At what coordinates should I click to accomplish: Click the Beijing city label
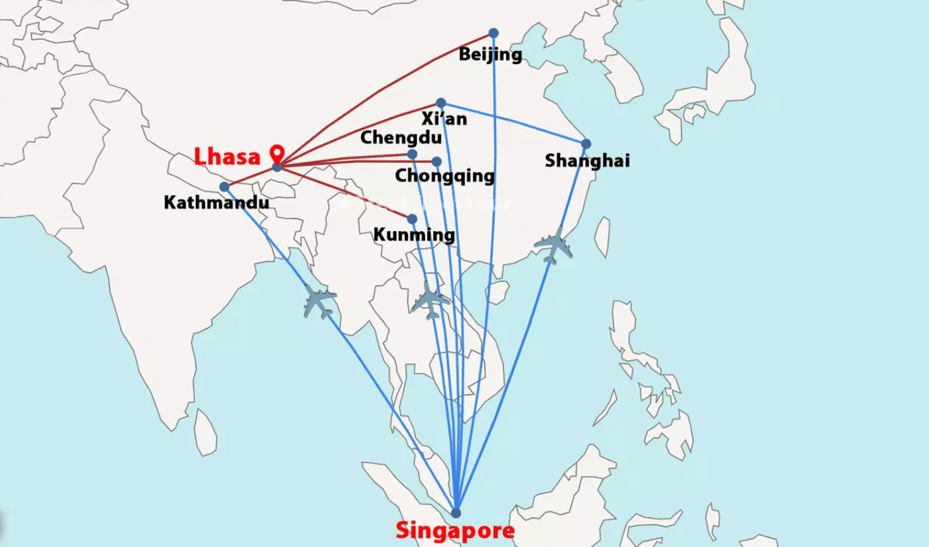point(491,54)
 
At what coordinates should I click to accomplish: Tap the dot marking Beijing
point(493,33)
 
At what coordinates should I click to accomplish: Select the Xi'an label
point(445,119)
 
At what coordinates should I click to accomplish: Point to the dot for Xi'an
point(441,103)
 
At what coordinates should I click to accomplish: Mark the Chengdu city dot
point(412,155)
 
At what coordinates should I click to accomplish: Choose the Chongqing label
point(445,176)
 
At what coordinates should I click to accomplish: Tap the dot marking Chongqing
point(436,161)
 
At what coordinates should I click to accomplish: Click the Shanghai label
point(587,161)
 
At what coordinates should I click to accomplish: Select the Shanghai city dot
point(586,144)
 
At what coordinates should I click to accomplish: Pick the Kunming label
point(414,235)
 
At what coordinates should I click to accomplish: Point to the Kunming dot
point(412,219)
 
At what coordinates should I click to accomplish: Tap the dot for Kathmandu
point(224,187)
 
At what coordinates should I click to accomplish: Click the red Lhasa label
point(227,157)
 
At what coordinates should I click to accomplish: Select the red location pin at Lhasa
point(278,153)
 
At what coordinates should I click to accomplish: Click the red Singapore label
point(455,531)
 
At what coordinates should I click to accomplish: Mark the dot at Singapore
point(456,513)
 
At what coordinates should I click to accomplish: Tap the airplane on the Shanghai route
point(553,246)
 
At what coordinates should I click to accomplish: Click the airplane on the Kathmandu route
point(320,302)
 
